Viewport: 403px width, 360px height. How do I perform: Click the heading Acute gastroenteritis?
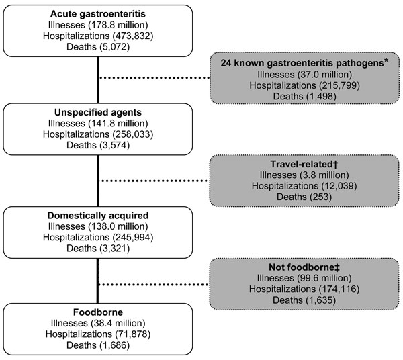pos(98,14)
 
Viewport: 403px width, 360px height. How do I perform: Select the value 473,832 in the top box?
pos(133,36)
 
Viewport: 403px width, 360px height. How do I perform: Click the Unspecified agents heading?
pos(98,112)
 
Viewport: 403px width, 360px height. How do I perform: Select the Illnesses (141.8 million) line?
pos(98,124)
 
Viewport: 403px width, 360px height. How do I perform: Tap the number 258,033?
pos(133,134)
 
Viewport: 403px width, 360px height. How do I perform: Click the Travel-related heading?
pos(304,164)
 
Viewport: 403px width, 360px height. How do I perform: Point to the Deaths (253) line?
pos(304,197)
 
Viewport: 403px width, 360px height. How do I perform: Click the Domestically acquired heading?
pos(98,216)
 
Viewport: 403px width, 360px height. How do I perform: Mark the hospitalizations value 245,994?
pos(133,237)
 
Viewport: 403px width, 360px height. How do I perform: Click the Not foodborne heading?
pos(304,267)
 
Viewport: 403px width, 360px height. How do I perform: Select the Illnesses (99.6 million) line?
pos(304,278)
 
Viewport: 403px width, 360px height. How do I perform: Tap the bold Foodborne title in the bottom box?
pos(98,312)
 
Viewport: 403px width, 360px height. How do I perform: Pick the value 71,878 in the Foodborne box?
pos(132,334)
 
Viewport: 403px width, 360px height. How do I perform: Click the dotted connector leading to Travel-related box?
pos(154,181)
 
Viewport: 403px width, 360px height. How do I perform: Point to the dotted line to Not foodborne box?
pos(154,285)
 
